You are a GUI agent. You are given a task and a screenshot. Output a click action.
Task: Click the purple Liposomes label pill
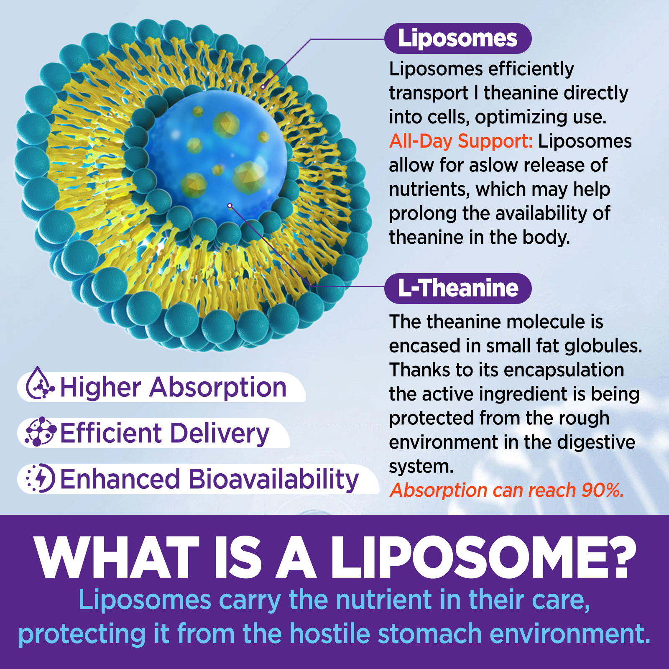[x=458, y=38]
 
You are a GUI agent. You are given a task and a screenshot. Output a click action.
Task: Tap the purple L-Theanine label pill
[x=458, y=289]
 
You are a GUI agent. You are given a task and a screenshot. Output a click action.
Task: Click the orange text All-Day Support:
[x=461, y=141]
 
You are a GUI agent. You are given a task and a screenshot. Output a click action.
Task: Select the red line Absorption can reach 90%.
[x=507, y=490]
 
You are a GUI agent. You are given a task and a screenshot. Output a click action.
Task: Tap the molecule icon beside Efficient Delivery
[x=40, y=432]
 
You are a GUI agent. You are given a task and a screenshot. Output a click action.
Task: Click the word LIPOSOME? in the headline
[x=483, y=557]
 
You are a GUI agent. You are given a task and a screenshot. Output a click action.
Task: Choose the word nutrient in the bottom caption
[x=384, y=600]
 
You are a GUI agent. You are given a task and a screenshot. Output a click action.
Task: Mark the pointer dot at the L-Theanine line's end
[x=230, y=205]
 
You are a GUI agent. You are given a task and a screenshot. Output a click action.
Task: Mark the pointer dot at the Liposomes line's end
[x=263, y=87]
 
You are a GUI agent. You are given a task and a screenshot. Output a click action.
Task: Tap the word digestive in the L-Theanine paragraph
[x=596, y=442]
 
